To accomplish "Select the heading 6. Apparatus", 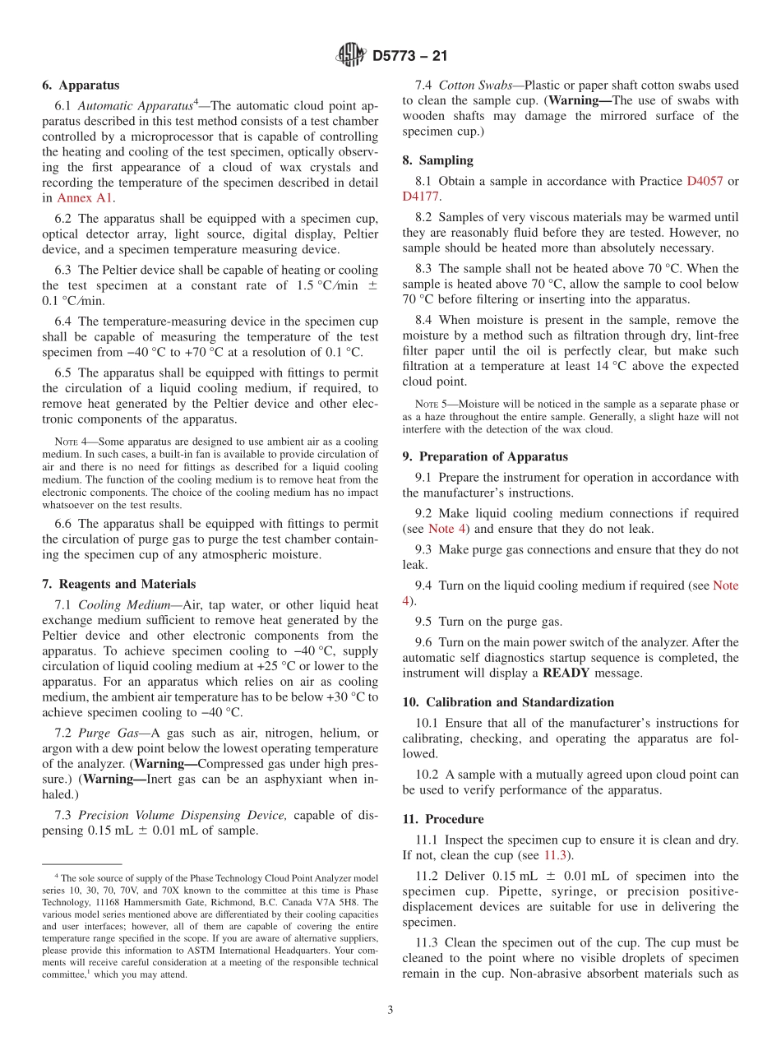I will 81,85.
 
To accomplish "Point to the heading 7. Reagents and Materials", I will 118,584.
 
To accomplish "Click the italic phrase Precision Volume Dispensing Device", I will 183,815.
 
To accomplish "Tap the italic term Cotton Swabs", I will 476,85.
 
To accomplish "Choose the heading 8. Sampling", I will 437,160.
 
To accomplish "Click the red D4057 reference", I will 705,181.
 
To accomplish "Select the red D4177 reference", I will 421,197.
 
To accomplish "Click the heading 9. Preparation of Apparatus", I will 485,456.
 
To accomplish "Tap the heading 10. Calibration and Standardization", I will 508,702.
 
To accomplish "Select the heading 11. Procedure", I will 443,819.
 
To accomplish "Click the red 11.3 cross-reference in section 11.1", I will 555,855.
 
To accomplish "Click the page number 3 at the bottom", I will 390,1010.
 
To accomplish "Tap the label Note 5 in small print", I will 427,404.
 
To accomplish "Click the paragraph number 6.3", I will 64,271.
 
